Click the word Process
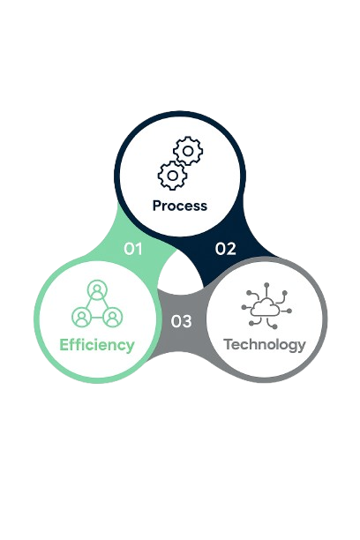tap(180, 206)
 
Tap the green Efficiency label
tap(97, 345)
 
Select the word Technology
tap(265, 345)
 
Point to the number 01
tap(133, 249)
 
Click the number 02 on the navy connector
tap(226, 249)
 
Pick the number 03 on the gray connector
tap(181, 321)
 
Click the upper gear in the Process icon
tap(188, 151)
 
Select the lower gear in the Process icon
tap(172, 176)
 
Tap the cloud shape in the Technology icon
tap(265, 307)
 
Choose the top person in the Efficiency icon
tap(97, 289)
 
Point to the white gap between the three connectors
tap(180, 275)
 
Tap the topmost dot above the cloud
tap(266, 285)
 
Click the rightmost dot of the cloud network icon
tap(289, 311)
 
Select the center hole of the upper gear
tap(188, 151)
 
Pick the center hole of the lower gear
tap(172, 176)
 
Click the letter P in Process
tap(157, 206)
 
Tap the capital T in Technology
tap(228, 344)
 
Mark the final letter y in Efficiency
tap(131, 347)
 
